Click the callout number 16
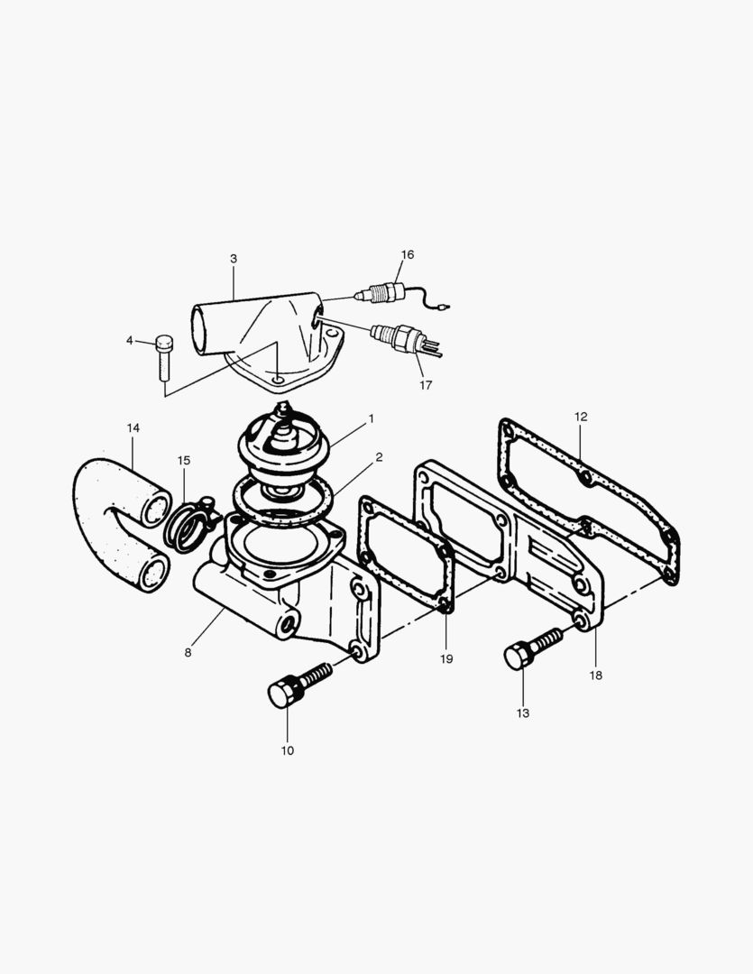[x=408, y=255]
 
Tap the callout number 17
[x=426, y=385]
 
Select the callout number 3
[x=234, y=259]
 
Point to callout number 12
[x=581, y=417]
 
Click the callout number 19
[x=446, y=659]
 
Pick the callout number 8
[x=188, y=652]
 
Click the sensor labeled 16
[x=382, y=293]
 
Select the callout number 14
[x=133, y=427]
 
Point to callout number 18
[x=595, y=675]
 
